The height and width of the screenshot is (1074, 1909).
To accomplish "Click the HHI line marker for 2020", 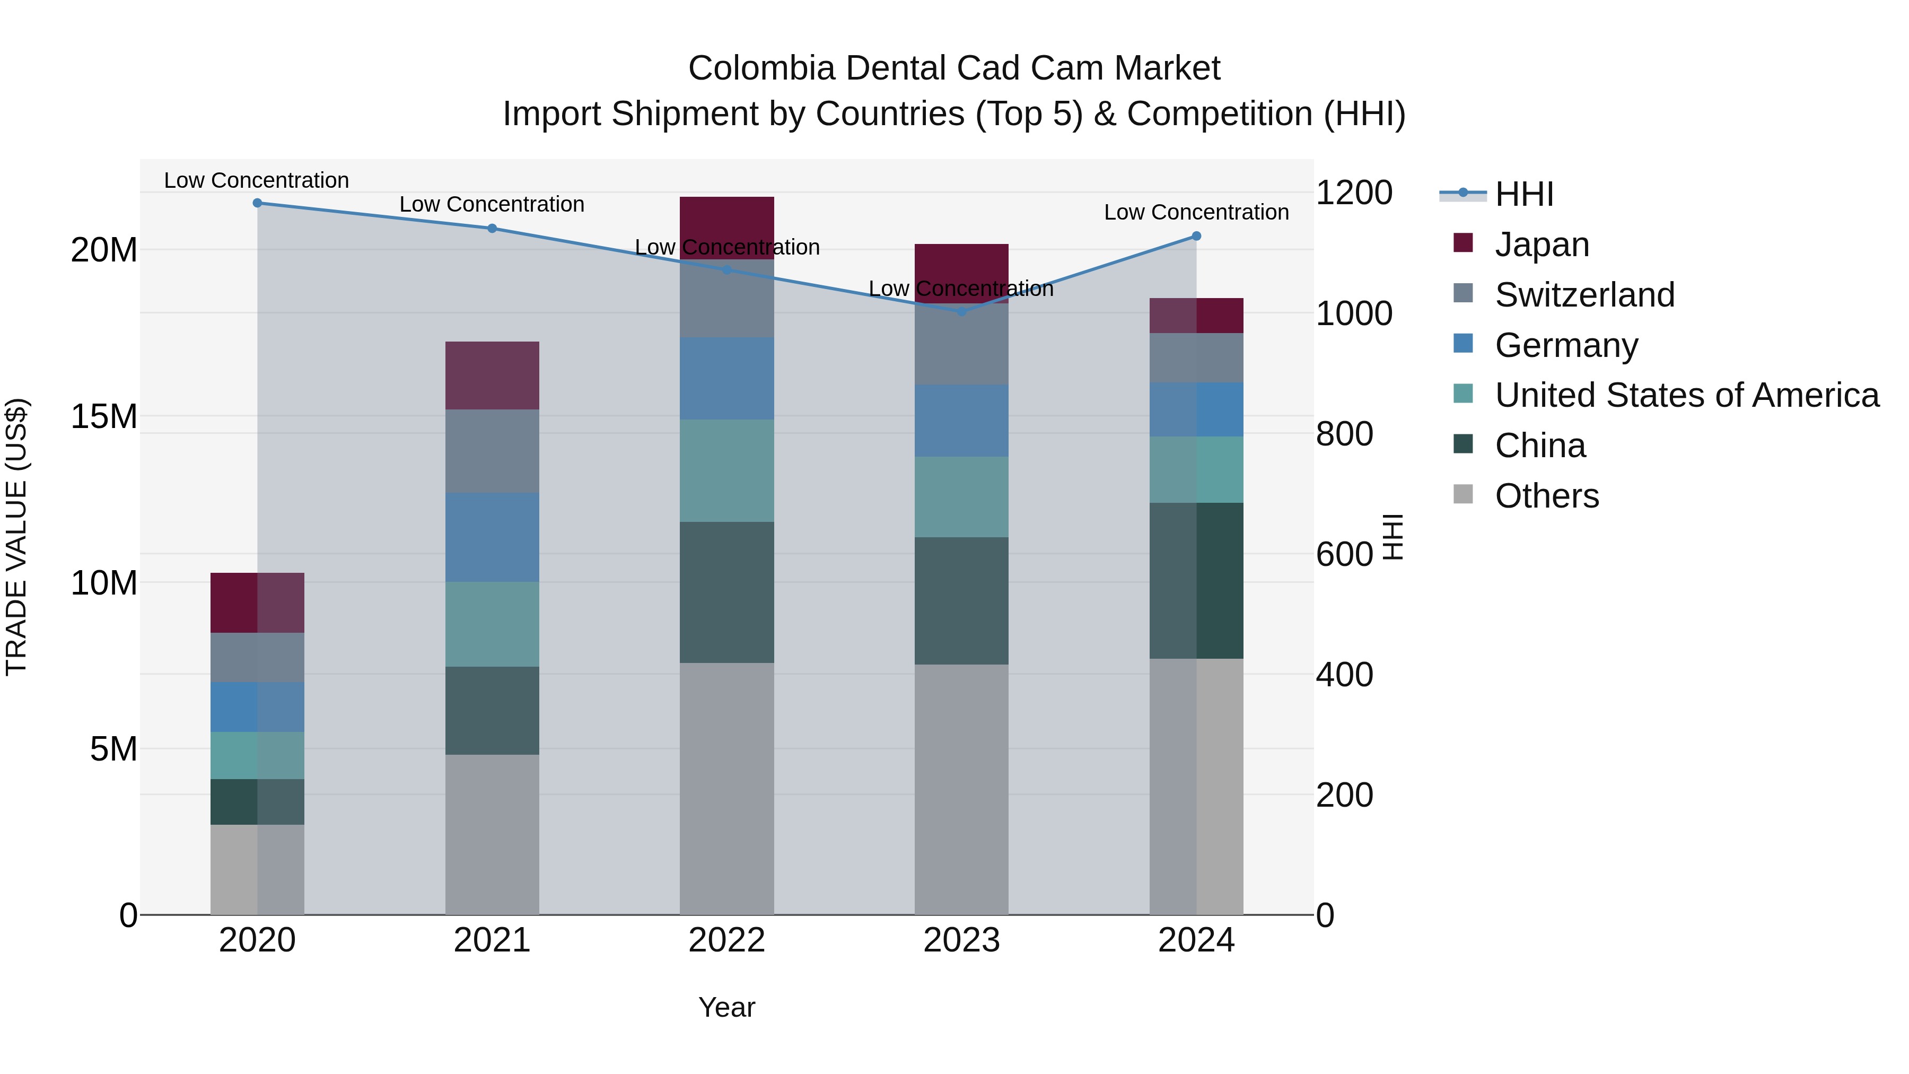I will [x=257, y=203].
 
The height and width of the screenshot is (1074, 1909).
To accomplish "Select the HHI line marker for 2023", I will [x=961, y=312].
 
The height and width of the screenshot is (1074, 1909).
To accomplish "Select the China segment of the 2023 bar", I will [x=961, y=600].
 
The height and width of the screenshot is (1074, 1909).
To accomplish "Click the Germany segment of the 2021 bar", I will [x=492, y=537].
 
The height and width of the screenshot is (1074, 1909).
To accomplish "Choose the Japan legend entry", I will [x=1542, y=245].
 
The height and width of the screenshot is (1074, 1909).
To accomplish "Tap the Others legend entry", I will [x=1547, y=496].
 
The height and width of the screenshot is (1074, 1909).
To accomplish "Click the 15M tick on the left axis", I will [x=104, y=416].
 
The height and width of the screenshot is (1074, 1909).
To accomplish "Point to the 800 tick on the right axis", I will [x=1344, y=434].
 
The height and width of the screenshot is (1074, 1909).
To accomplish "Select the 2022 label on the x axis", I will [x=726, y=940].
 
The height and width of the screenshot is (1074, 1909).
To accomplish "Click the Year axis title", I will [x=726, y=1007].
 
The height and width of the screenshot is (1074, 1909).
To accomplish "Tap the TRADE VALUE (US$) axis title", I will [x=16, y=537].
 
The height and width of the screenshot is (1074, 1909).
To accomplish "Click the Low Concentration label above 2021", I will [x=492, y=205].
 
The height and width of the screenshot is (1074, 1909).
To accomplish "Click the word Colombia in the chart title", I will [x=760, y=68].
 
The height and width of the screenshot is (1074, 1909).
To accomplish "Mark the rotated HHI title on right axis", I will [x=1393, y=537].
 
